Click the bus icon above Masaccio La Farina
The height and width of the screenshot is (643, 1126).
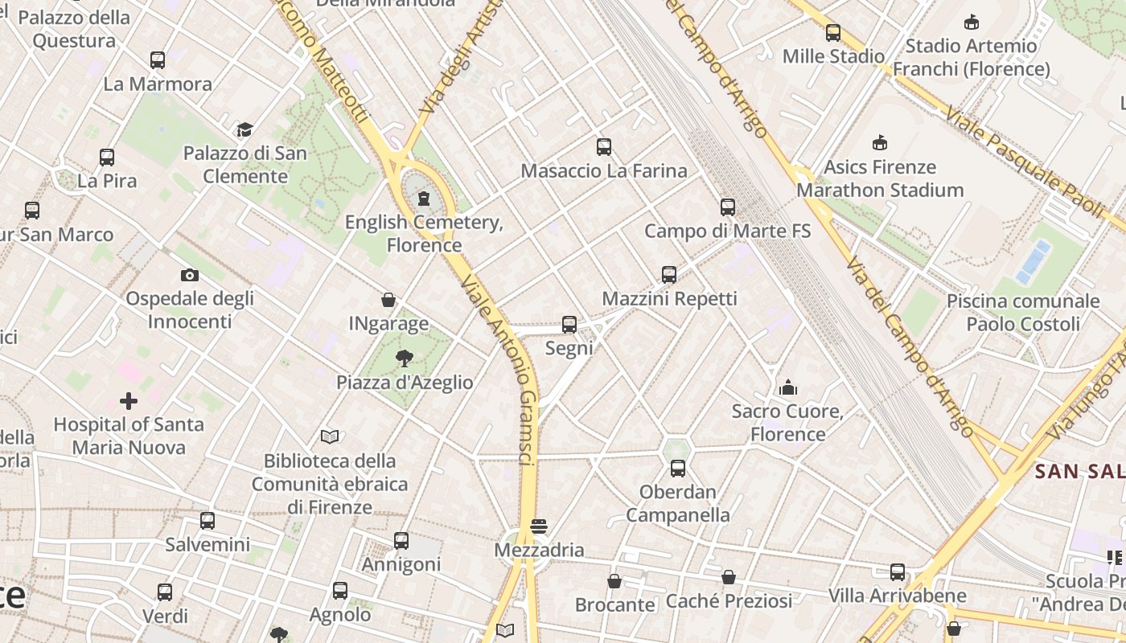[x=604, y=147]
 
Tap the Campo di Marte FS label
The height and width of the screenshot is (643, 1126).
[x=727, y=231]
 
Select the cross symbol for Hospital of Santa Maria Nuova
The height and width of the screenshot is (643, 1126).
[x=129, y=400]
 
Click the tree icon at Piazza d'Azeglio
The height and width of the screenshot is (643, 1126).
[x=404, y=358]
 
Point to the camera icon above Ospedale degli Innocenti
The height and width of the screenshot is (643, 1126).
[x=190, y=275]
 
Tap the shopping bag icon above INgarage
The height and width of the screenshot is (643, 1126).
[x=388, y=301]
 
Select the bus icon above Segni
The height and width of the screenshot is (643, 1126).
[x=569, y=325]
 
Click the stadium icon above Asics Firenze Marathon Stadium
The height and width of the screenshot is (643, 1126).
[x=880, y=143]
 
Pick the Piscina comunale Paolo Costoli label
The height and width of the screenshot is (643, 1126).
[x=1023, y=313]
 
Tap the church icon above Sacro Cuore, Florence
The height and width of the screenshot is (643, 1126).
[x=788, y=388]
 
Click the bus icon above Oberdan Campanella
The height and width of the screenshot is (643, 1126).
[x=678, y=469]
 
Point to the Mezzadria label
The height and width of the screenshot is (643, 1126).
[x=539, y=551]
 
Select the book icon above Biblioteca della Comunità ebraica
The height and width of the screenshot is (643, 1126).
[x=330, y=436]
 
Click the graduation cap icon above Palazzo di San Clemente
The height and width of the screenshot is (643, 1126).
[x=245, y=129]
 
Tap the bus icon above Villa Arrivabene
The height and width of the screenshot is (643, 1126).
[x=898, y=572]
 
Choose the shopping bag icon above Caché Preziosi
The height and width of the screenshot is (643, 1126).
[x=729, y=577]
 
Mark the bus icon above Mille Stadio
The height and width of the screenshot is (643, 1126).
[x=833, y=33]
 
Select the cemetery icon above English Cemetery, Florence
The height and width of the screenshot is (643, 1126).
[x=424, y=199]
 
